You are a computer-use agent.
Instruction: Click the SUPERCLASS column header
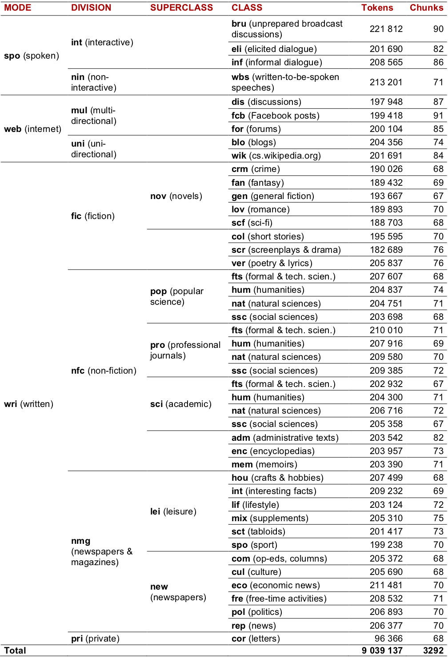tap(181, 8)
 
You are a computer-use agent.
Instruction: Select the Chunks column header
tap(426, 8)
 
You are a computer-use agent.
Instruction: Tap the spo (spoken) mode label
tap(31, 56)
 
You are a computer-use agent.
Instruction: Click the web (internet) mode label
tap(32, 129)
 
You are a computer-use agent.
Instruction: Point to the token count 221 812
tap(386, 29)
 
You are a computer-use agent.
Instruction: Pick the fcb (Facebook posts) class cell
tap(276, 116)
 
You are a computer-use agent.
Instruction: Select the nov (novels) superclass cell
tap(176, 196)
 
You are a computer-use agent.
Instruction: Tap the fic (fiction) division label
tap(93, 216)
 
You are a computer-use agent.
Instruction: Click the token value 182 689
tap(386, 250)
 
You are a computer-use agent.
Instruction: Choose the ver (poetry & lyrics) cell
tap(272, 263)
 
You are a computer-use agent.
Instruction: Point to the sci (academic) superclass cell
tap(181, 404)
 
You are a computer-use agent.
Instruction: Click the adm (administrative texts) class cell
tap(285, 438)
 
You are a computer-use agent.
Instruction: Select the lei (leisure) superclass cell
tap(173, 511)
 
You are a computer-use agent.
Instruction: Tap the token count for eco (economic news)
tap(386, 585)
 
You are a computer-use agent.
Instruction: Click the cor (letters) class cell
tap(256, 638)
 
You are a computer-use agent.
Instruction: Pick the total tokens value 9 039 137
tap(382, 650)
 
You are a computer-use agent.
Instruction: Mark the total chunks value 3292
tap(433, 650)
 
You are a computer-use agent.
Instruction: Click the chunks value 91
tap(438, 116)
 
